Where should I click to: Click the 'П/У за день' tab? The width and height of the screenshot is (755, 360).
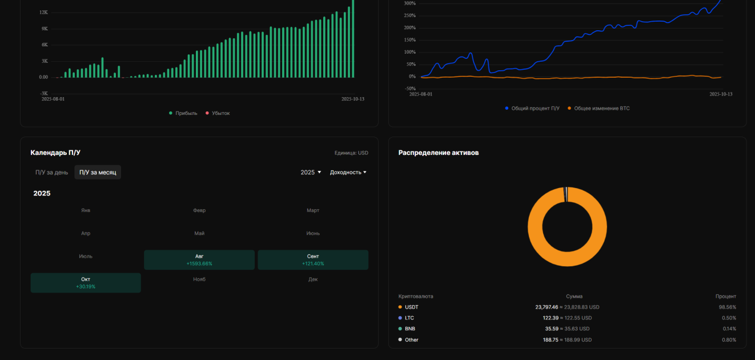tap(51, 173)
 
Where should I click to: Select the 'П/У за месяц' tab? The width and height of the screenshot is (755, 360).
tap(98, 173)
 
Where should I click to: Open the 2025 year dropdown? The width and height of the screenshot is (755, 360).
tap(311, 173)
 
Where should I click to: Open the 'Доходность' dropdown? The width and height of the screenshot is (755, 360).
tap(348, 173)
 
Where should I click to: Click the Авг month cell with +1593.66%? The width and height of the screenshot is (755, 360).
tap(199, 260)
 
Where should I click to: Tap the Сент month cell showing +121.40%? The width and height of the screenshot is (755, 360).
tap(313, 260)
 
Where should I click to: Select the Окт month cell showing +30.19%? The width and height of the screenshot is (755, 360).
tap(86, 283)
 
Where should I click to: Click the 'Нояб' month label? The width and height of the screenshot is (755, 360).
tap(199, 279)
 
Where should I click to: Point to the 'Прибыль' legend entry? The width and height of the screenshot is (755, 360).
tap(183, 113)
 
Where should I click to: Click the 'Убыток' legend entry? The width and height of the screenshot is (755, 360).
tap(218, 113)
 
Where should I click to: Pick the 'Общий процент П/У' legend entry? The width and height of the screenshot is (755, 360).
tap(532, 109)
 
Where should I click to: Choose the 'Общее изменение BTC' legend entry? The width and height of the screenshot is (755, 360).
tap(599, 109)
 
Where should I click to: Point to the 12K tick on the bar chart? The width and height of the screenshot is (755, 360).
tap(43, 13)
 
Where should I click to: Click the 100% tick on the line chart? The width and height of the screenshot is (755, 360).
tap(410, 53)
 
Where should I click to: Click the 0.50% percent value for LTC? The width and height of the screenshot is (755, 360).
tap(729, 318)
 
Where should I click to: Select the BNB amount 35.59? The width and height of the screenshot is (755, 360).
tap(552, 329)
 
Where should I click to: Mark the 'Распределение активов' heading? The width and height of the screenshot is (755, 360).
tap(439, 153)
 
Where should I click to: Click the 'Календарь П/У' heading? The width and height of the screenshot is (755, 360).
tap(55, 153)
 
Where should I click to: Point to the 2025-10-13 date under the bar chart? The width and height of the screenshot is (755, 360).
tap(352, 99)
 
